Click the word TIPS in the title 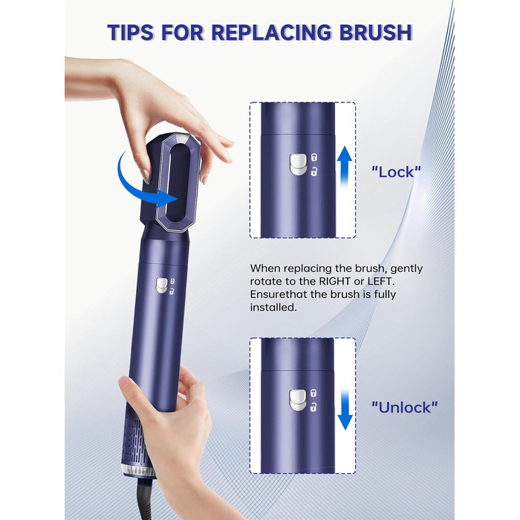pyautogui.click(x=131, y=33)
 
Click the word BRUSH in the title pyautogui.click(x=375, y=33)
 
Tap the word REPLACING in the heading pyautogui.click(x=271, y=33)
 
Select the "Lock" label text pyautogui.click(x=396, y=172)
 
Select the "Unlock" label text pyautogui.click(x=405, y=407)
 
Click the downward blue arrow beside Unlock pyautogui.click(x=345, y=409)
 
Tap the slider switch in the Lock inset pyautogui.click(x=297, y=164)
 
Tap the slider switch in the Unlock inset pyautogui.click(x=297, y=400)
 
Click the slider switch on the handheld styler pyautogui.click(x=162, y=285)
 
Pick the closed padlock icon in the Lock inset pyautogui.click(x=313, y=157)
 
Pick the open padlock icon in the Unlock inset pyautogui.click(x=313, y=407)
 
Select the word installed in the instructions pyautogui.click(x=272, y=308)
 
